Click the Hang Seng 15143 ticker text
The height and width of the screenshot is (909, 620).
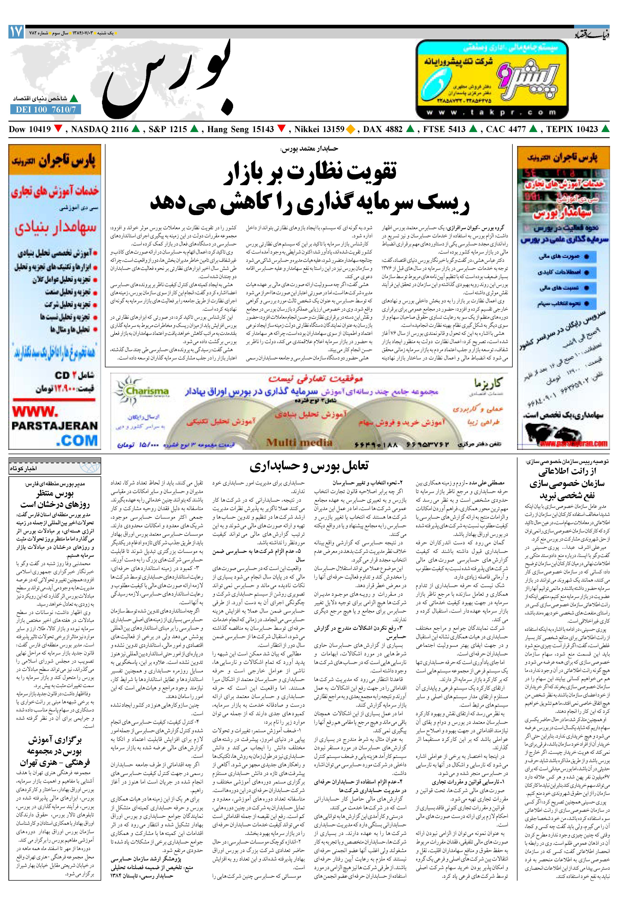click(240, 129)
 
